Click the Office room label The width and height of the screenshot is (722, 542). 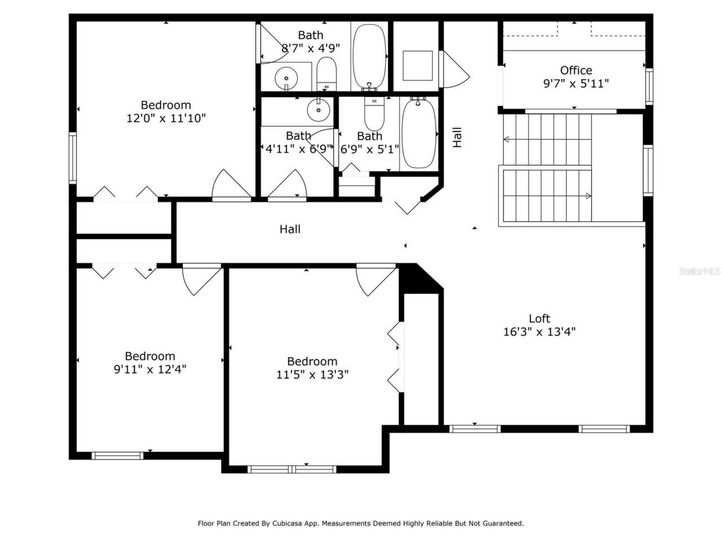(x=576, y=71)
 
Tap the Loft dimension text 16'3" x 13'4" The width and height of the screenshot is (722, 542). (x=539, y=332)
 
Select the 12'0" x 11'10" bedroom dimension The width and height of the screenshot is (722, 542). (x=166, y=119)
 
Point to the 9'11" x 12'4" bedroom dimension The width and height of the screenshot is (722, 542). (x=150, y=370)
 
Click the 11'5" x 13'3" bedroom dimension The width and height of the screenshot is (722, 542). (x=312, y=375)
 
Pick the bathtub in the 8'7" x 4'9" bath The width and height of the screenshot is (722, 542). (x=369, y=56)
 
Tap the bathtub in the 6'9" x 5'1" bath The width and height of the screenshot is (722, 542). (x=418, y=133)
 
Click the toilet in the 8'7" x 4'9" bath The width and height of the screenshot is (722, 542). (x=326, y=76)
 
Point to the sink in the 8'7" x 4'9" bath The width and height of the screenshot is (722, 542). (x=287, y=78)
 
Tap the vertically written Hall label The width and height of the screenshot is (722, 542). (x=457, y=137)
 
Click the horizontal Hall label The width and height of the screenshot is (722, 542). (x=290, y=229)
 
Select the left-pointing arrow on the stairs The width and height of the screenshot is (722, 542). (x=507, y=139)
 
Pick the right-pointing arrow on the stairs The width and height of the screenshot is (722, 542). (x=588, y=196)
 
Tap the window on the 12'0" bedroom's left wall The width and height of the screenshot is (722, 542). (x=73, y=158)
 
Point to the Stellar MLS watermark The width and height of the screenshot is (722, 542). (x=699, y=272)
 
